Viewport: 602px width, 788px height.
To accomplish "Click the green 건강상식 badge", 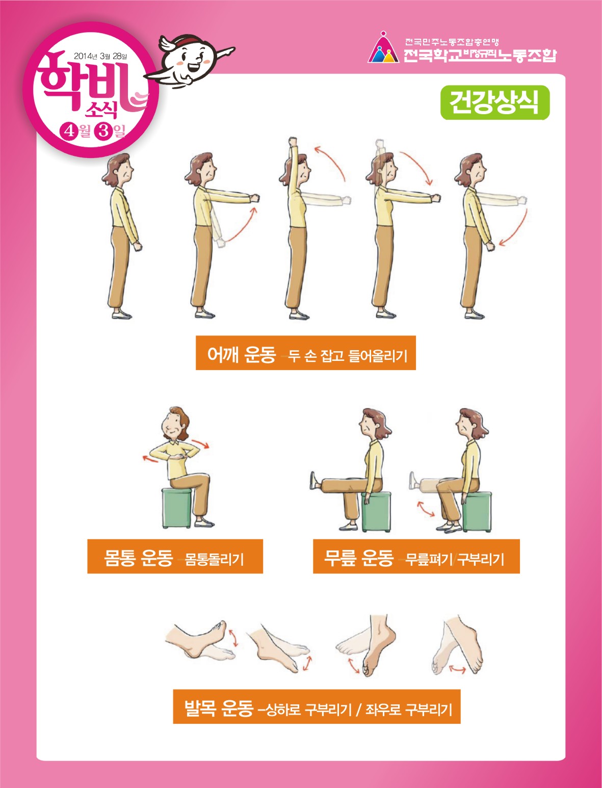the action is pyautogui.click(x=494, y=102).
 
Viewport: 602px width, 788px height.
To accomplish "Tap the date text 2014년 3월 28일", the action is pyautogui.click(x=100, y=56).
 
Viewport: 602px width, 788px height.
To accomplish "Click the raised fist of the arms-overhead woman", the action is pyautogui.click(x=293, y=141).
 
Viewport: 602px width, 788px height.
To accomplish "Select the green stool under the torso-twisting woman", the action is pyautogui.click(x=176, y=508).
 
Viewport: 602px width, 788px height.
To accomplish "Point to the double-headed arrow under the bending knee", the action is pyautogui.click(x=426, y=509).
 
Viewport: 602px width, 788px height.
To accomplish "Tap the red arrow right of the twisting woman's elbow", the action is pyautogui.click(x=200, y=444).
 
